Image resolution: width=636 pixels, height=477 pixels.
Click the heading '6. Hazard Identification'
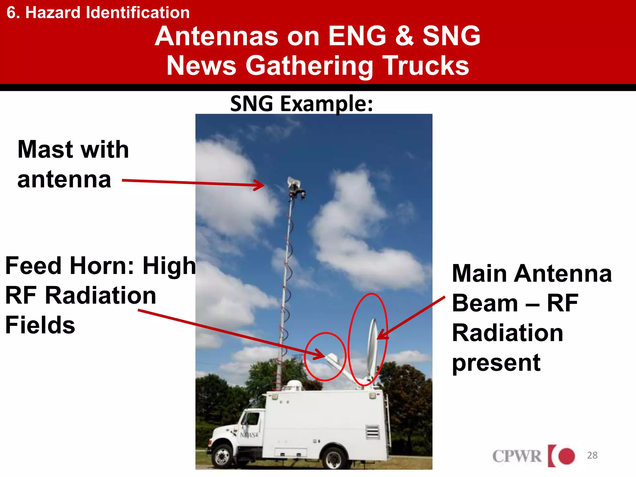coord(98,13)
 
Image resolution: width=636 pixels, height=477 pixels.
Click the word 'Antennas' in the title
coord(216,36)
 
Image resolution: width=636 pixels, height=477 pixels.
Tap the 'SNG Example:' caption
coord(301,104)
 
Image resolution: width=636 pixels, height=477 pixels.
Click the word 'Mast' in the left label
coord(44,150)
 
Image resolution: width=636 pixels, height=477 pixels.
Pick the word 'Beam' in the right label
coord(484,303)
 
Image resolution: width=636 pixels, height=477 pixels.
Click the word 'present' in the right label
coord(496,363)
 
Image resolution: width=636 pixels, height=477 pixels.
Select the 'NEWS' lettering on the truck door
coord(248,435)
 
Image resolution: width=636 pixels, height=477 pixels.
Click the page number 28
coord(592,455)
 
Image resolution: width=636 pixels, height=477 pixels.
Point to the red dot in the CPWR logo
coord(566,456)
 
